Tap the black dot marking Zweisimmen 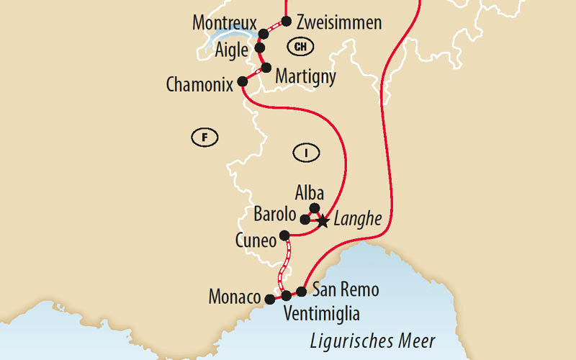(287, 21)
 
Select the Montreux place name (225, 23)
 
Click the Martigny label (305, 76)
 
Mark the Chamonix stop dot (241, 82)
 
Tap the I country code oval (307, 151)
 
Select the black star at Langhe (323, 222)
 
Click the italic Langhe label (358, 219)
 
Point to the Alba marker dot (314, 208)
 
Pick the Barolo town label (275, 214)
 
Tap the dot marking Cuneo (284, 235)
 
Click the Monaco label (234, 297)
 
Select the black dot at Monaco (269, 299)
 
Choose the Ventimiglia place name (321, 314)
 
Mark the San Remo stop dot (302, 292)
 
